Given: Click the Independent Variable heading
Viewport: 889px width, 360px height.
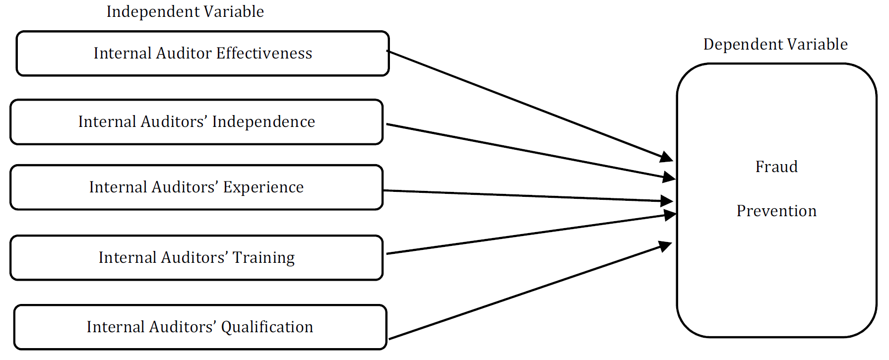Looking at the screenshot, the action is [x=185, y=11].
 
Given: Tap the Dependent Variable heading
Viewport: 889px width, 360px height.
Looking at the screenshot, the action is [x=775, y=44].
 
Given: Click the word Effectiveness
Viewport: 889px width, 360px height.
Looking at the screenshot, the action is [x=264, y=53].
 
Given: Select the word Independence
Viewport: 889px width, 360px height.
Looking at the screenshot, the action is [x=263, y=122].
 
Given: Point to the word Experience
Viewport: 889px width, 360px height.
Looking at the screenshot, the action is [x=263, y=187].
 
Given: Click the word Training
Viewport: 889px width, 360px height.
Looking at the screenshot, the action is [x=263, y=258].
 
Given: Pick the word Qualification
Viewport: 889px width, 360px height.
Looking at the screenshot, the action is [x=267, y=327].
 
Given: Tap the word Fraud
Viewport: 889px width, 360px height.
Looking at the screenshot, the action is [x=776, y=167].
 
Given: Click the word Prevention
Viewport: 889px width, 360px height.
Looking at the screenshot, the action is [x=776, y=211].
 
